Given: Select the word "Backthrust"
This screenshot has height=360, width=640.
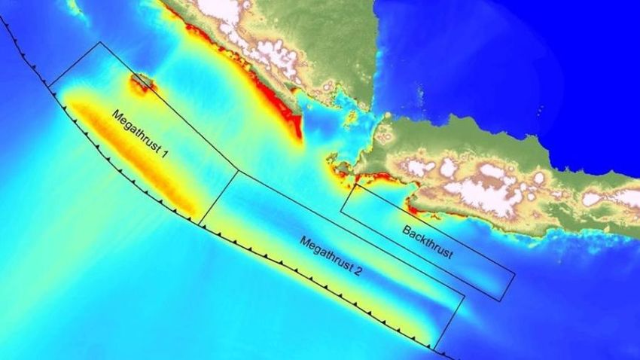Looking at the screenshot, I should click(x=428, y=241).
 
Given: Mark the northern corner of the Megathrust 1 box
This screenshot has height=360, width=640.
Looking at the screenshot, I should click(x=99, y=42).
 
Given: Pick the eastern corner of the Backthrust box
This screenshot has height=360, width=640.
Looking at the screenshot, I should click(x=515, y=274).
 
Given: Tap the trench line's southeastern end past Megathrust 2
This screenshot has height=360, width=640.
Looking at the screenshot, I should click(x=452, y=356).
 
